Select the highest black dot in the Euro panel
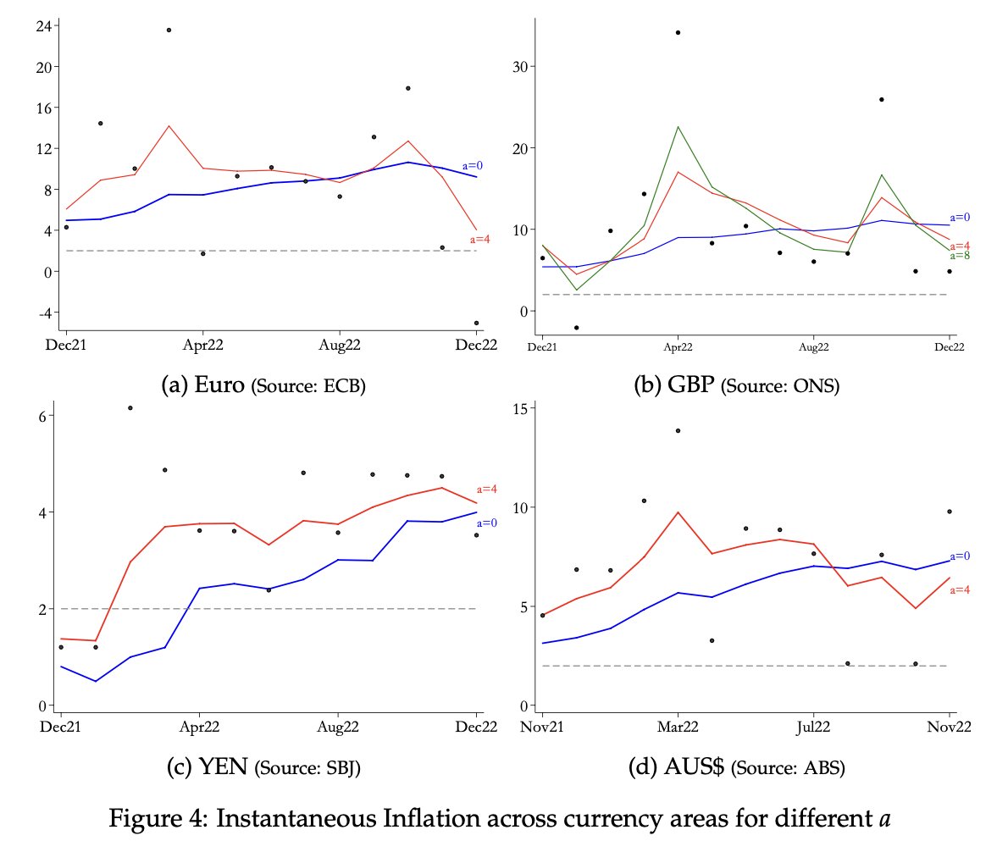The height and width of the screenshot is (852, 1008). [169, 30]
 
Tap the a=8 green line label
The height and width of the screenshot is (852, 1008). [960, 255]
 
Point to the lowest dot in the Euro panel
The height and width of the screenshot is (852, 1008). [476, 323]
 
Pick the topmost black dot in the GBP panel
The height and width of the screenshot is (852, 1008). [678, 32]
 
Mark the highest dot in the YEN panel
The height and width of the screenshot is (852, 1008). [130, 407]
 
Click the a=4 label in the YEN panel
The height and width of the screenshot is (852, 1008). [487, 489]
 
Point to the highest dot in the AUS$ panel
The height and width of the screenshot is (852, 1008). [678, 430]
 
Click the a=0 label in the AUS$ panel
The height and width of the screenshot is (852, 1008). [960, 556]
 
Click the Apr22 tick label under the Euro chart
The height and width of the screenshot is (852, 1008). [202, 345]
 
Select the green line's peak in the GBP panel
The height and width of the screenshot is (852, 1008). [678, 126]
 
